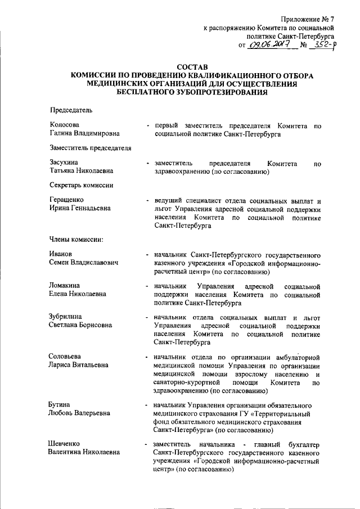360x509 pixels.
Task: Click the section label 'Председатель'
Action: (67, 110)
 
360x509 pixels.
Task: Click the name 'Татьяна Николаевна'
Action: (80, 171)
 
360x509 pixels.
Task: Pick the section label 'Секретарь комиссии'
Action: (82, 186)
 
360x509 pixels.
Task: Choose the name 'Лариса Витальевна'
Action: (78, 365)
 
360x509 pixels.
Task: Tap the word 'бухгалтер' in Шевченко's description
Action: (304, 444)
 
